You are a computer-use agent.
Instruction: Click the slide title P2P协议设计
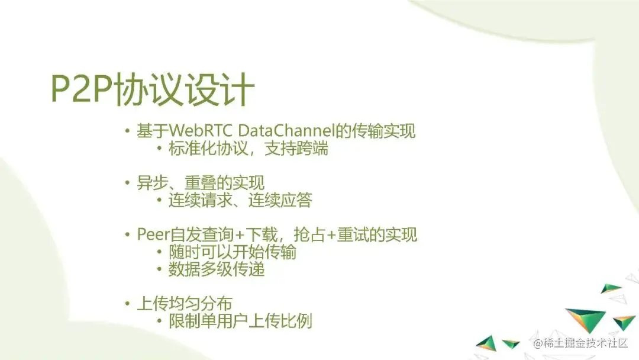[x=153, y=89]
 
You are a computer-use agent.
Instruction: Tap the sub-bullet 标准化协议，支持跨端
[x=248, y=149]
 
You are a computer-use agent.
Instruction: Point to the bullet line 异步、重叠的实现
[x=201, y=182]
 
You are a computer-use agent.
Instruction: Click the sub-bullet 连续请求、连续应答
[x=240, y=200]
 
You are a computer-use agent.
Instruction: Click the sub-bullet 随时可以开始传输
[x=233, y=252]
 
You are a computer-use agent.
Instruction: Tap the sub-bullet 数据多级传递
[x=217, y=269]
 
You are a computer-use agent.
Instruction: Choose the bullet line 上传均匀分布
[x=184, y=304]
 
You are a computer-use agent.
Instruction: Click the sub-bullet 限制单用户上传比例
[x=240, y=322]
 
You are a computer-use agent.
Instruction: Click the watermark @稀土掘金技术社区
[x=580, y=343]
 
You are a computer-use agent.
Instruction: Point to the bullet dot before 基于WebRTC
[x=128, y=131]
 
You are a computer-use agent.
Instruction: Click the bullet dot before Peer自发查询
[x=128, y=235]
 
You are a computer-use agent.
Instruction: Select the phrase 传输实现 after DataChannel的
[x=383, y=131]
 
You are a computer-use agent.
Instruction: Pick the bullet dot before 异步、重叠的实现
[x=128, y=183]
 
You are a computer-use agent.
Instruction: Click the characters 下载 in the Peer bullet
[x=262, y=234]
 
